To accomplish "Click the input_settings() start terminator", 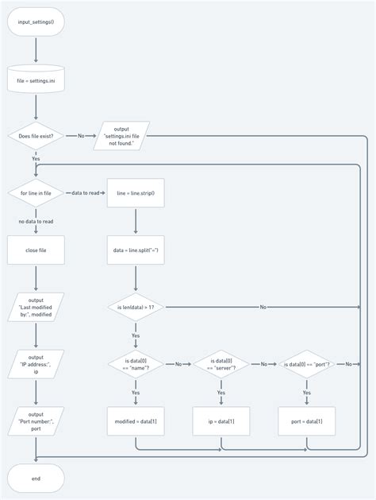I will [36, 22].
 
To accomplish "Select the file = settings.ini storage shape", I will [36, 79].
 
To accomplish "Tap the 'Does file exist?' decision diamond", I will [36, 136].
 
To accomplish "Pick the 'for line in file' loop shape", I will [36, 193].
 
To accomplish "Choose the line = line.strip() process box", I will [136, 193].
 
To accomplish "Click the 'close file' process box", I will [36, 250].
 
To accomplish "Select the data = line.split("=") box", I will [136, 250].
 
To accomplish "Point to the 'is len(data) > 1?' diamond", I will [136, 307].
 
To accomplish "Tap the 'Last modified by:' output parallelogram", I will [36, 307].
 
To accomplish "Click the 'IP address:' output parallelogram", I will [36, 364].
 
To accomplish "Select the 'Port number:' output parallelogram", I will [36, 421].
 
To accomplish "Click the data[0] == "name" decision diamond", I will [136, 364].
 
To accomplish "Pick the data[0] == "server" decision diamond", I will [221, 364].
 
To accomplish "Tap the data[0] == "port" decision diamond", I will [307, 364].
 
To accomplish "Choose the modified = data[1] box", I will [136, 421].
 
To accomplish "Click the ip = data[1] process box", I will [221, 421].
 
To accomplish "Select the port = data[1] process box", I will [307, 421].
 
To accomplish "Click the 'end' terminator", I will [36, 479].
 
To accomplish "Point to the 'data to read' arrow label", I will [86, 193].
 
